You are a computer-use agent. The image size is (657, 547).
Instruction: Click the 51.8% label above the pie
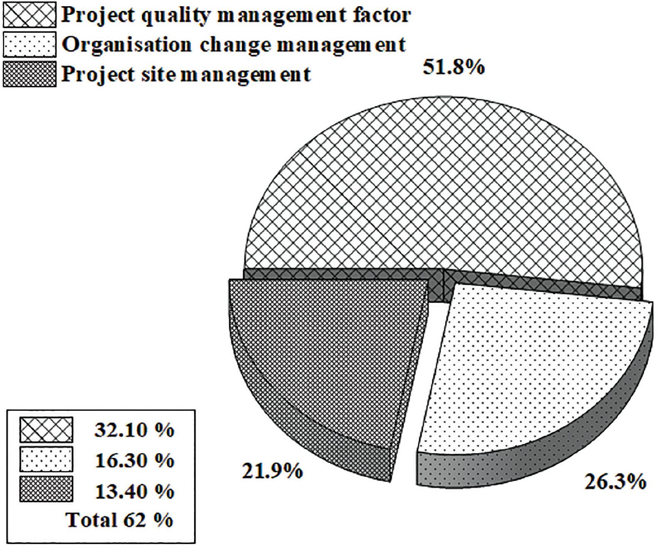coord(453,67)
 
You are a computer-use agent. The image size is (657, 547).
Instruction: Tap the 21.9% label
coord(272,471)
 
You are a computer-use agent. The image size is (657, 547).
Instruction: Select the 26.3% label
coord(615,482)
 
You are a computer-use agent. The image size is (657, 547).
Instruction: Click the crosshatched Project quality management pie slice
coord(441,187)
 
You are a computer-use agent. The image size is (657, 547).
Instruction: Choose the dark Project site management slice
coord(325,354)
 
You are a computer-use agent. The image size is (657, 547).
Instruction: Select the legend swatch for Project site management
coord(29,74)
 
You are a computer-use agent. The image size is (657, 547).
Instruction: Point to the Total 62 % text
coord(119,520)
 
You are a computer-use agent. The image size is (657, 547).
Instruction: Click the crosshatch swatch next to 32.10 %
coord(46,430)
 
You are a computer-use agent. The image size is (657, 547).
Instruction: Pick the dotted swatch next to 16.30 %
coord(46,460)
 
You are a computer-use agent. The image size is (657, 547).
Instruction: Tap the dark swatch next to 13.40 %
coord(46,489)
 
